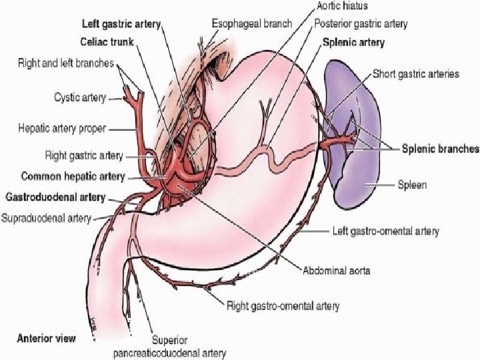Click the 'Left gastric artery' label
[x=121, y=24]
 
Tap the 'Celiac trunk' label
[x=107, y=41]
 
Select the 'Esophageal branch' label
[x=252, y=23]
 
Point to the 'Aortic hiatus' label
[x=342, y=5]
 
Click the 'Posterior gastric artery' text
[x=361, y=23]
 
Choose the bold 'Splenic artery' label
[x=353, y=42]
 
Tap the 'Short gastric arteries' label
[x=416, y=74]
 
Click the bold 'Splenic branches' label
[x=440, y=149]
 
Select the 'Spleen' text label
[x=412, y=185]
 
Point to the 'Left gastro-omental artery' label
[x=386, y=231]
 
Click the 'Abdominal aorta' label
[x=337, y=271]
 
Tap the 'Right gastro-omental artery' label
[x=283, y=306]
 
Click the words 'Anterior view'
[x=46, y=338]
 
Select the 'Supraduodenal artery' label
[x=46, y=218]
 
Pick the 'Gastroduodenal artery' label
[x=55, y=197]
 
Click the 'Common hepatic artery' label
[x=73, y=176]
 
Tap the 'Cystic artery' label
[x=80, y=97]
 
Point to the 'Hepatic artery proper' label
[x=62, y=128]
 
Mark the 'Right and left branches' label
[x=66, y=63]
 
